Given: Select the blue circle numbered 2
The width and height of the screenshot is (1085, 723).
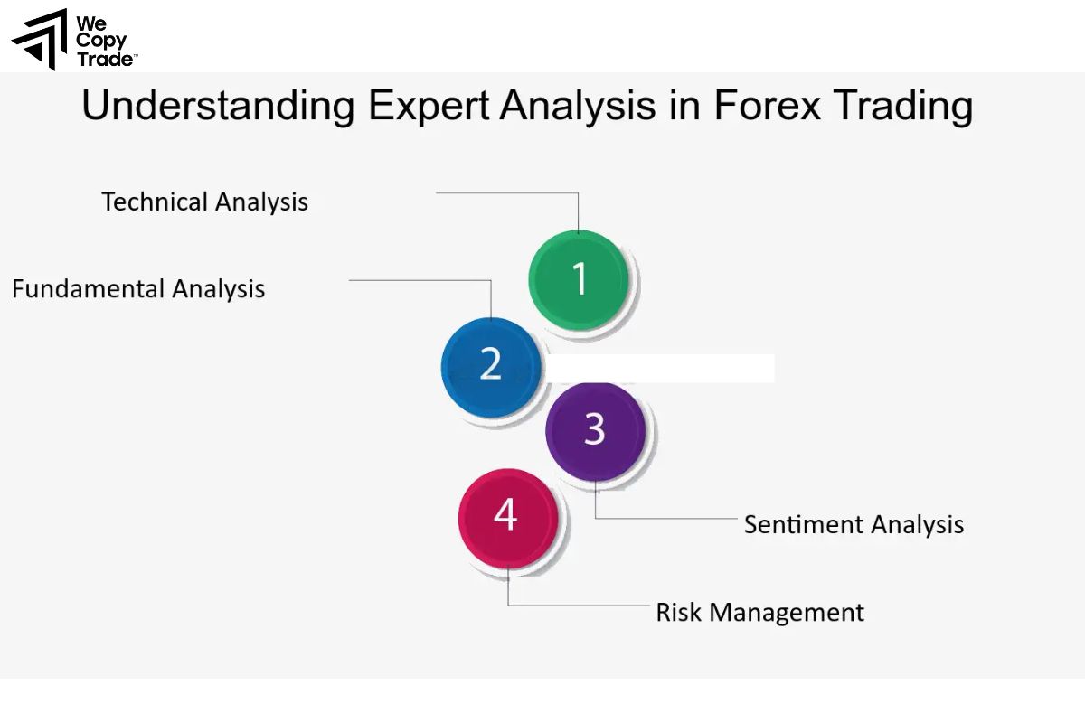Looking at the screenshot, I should pos(490,365).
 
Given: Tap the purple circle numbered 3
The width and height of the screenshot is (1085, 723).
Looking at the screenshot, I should pos(594,430).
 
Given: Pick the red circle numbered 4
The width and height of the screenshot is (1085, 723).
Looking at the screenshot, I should pos(506,515).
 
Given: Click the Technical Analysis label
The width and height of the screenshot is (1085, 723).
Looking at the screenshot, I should pos(204,202).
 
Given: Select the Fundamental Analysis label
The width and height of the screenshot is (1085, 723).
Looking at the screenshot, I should pos(138,289).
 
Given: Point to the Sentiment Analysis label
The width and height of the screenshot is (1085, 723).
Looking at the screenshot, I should pos(854,524).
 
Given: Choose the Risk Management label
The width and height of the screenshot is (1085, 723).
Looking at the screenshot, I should pos(759,613).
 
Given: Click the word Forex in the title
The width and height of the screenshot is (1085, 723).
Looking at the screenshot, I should pos(767,107).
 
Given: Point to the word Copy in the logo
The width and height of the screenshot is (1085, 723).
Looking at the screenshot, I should pos(101,42).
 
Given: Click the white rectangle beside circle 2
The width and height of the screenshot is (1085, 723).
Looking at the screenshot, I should pos(660,368).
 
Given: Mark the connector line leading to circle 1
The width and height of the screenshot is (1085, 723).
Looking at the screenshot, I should pos(506,192).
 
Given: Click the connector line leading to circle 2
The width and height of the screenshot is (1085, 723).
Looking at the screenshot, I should pos(420,280).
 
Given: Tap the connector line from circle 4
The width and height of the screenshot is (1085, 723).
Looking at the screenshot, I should pos(579,605).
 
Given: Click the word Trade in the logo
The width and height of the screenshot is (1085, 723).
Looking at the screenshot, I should pos(105,60).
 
